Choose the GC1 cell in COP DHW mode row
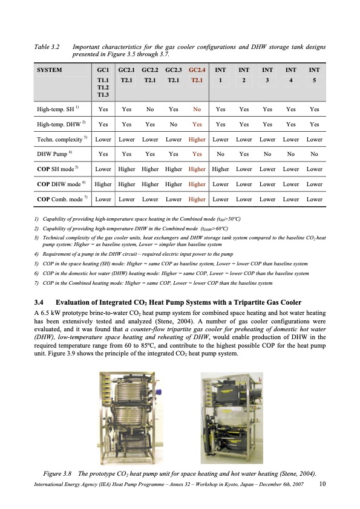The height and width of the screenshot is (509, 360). pos(103,183)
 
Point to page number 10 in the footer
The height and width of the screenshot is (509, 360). pos(322,484)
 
